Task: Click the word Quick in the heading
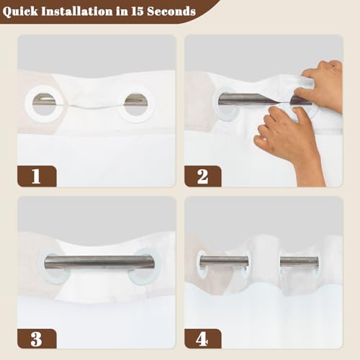[x=20, y=12]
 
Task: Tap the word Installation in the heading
[x=78, y=12]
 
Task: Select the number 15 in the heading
[x=137, y=12]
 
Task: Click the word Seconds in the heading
[x=171, y=12]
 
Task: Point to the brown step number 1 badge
[x=37, y=176]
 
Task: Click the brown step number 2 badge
[x=203, y=176]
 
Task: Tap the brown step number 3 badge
[x=37, y=338]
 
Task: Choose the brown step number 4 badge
[x=203, y=338]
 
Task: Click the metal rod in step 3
[x=99, y=263]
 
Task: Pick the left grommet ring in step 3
[x=41, y=266]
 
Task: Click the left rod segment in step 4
[x=224, y=261]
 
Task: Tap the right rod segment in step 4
[x=300, y=261]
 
